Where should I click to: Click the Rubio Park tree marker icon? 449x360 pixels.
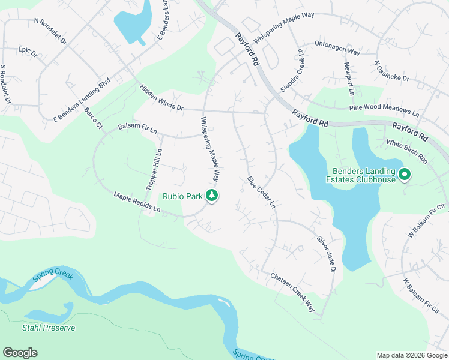[211, 195]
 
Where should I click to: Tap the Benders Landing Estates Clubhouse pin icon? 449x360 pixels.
[405, 175]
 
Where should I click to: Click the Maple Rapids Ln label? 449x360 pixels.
[137, 202]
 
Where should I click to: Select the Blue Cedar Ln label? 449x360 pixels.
[261, 192]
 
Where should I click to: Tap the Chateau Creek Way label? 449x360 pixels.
[292, 292]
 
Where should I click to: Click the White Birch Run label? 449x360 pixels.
[407, 152]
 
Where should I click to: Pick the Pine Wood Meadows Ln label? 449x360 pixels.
[385, 110]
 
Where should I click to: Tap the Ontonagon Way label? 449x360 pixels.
[337, 48]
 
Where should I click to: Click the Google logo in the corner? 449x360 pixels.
[20, 353]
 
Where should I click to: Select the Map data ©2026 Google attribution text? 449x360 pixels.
[412, 355]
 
